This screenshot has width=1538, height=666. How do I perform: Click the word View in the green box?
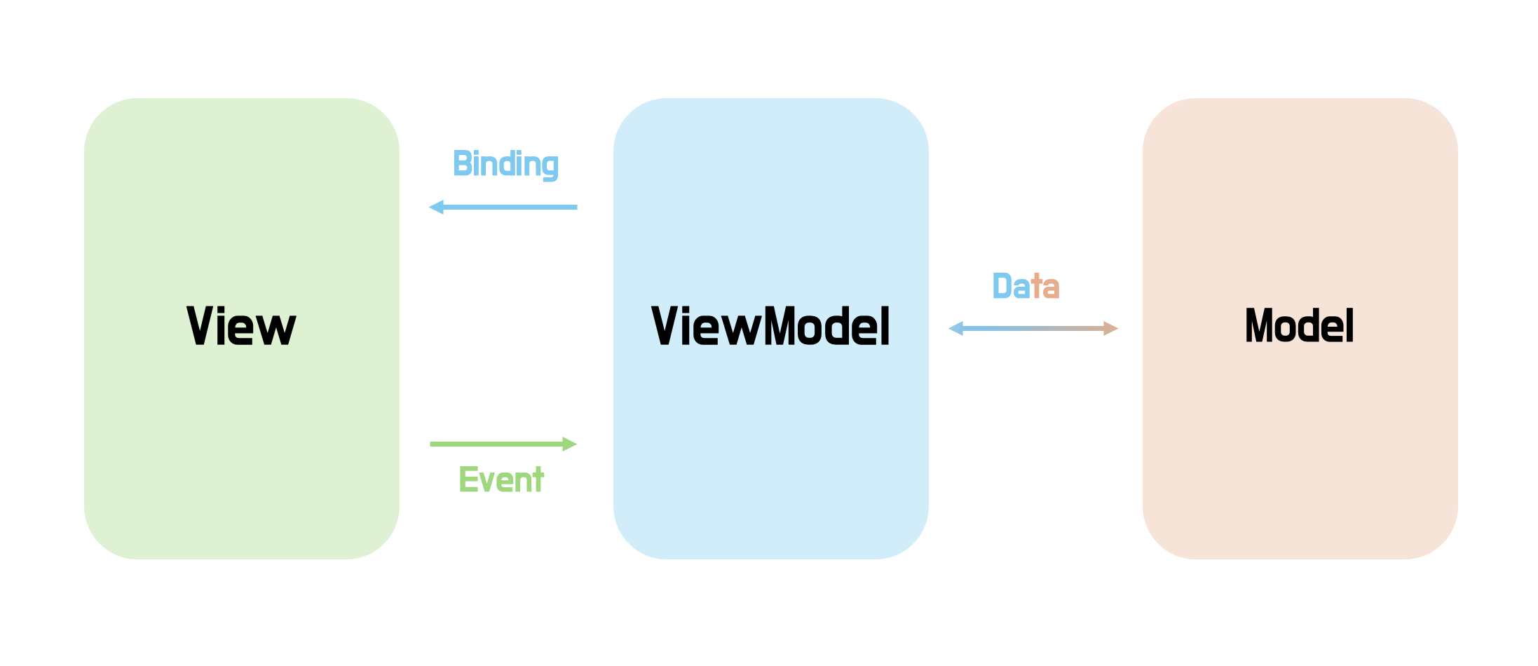(241, 326)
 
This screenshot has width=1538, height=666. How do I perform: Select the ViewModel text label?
(770, 326)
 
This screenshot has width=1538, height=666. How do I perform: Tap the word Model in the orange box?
(1299, 325)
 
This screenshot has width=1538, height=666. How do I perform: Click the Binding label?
(505, 164)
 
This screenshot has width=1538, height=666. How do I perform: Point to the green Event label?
(501, 480)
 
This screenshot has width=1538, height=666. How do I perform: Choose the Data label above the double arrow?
(1026, 286)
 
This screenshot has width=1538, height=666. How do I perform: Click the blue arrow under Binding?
(505, 207)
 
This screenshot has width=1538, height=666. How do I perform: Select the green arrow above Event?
(501, 444)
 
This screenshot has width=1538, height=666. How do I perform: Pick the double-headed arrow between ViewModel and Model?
(1033, 328)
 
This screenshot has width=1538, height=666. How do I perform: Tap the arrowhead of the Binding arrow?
(437, 207)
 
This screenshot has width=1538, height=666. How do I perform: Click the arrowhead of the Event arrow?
(569, 444)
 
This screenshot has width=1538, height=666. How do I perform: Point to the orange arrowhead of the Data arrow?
(1110, 328)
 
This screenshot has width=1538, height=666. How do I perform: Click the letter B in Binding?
(462, 163)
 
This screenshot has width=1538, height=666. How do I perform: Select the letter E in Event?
(468, 480)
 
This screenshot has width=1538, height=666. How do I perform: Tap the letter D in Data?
(1002, 286)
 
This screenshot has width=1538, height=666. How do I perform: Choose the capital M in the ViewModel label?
(782, 326)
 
